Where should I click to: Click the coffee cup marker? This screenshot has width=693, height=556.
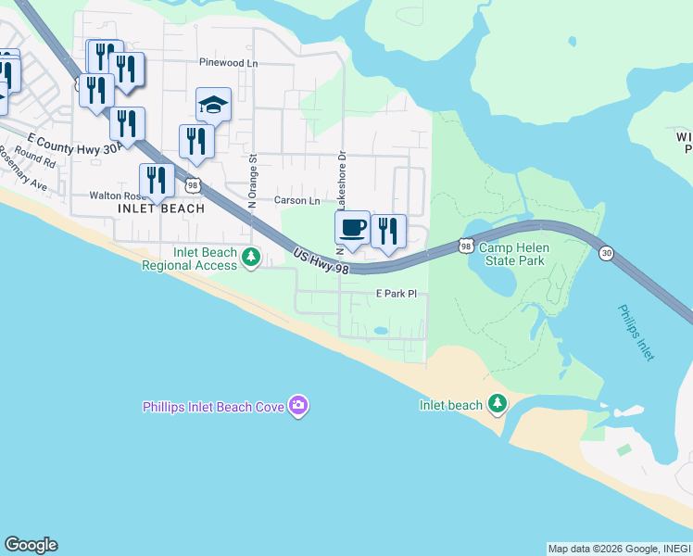[x=352, y=228]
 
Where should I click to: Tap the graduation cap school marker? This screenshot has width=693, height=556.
[x=213, y=106]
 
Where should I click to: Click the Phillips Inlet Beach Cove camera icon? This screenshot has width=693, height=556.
[x=298, y=405]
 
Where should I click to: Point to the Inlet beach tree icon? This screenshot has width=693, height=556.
[x=498, y=403]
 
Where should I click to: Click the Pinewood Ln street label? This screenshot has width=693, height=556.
[x=227, y=63]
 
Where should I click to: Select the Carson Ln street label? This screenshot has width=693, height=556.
[x=296, y=200]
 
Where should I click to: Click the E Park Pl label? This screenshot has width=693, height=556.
[x=397, y=294]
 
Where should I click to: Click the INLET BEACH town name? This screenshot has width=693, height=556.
[x=161, y=209]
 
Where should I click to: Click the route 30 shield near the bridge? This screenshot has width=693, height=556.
[x=606, y=253]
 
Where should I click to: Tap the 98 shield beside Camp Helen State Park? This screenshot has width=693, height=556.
[x=466, y=246]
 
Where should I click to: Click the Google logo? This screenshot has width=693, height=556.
[x=31, y=545]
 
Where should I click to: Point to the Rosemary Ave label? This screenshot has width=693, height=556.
[x=24, y=176]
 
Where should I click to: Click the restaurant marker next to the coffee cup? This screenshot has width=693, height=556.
[x=388, y=232]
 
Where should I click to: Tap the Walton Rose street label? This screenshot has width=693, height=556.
[x=117, y=196]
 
